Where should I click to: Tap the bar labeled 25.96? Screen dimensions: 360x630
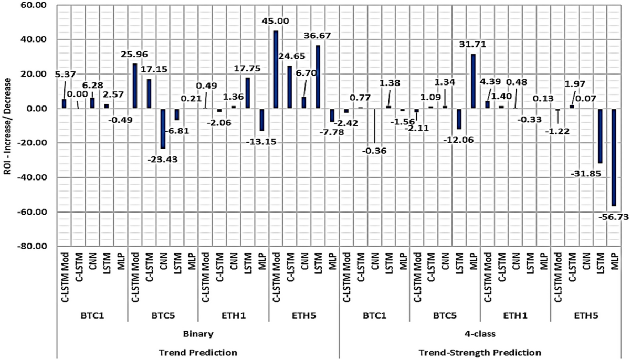tap(135, 87)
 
